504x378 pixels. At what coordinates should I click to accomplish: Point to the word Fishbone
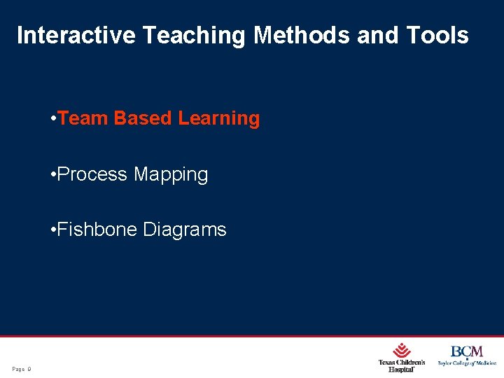tap(97, 230)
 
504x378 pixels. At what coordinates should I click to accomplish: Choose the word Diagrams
tap(185, 230)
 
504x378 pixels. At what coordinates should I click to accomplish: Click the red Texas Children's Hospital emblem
tap(402, 350)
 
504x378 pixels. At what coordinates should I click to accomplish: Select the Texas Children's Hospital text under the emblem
tap(402, 365)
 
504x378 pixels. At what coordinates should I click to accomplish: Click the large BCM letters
tap(467, 351)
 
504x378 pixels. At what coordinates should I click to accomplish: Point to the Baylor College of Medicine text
tap(467, 363)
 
